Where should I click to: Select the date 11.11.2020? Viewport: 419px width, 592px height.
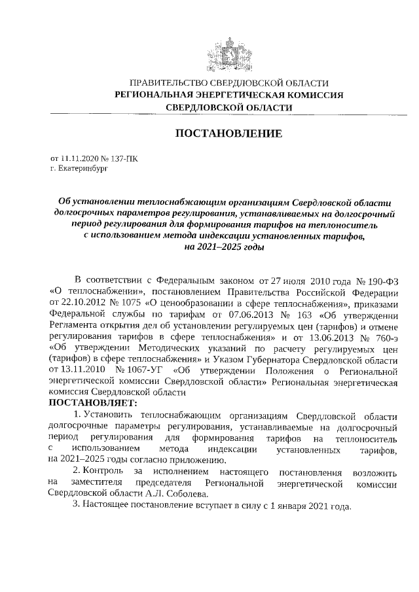point(77,158)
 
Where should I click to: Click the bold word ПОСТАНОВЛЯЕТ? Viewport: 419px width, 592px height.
point(93,404)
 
